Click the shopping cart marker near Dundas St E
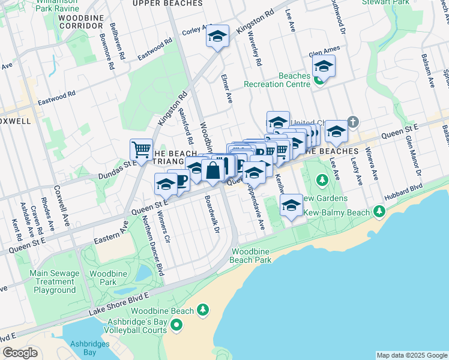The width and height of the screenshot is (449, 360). click(x=141, y=149)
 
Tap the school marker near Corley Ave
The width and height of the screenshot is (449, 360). click(x=217, y=36)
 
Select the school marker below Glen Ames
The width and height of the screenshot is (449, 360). click(x=324, y=67)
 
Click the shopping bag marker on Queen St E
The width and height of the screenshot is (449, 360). click(x=213, y=170)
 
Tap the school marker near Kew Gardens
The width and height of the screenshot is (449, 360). click(x=291, y=206)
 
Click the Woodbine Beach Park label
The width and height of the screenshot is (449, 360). click(x=251, y=256)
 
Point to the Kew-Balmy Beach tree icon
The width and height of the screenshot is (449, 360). click(x=379, y=212)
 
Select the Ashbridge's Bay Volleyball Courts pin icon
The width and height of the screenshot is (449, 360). click(x=176, y=326)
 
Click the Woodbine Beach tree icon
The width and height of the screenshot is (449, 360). click(x=203, y=310)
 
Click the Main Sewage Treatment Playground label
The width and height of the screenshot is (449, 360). click(x=55, y=281)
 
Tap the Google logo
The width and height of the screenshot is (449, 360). click(x=20, y=353)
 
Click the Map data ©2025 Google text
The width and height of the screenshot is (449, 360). click(x=412, y=355)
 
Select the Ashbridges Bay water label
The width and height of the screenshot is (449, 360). click(x=82, y=348)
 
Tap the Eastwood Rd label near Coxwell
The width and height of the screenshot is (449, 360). click(x=57, y=96)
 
